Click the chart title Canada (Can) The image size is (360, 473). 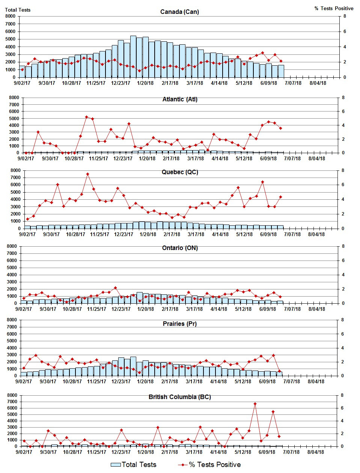[179, 12]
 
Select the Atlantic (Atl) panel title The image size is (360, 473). [180, 99]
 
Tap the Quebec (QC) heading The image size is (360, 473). [180, 172]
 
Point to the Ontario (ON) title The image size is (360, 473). [180, 248]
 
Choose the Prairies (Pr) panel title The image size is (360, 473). [180, 324]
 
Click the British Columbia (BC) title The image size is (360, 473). [179, 397]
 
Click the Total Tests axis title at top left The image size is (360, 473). [18, 10]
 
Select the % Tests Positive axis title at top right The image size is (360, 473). [334, 8]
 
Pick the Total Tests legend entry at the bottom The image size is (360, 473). [134, 465]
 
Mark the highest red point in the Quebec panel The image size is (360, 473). [87, 174]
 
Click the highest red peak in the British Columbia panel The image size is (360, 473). [255, 404]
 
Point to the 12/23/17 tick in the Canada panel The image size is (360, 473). [121, 83]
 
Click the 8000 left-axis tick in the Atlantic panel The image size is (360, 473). [14, 98]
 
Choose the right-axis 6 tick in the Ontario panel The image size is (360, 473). [343, 261]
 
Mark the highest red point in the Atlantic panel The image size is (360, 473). [86, 117]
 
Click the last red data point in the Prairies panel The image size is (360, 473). [279, 371]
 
